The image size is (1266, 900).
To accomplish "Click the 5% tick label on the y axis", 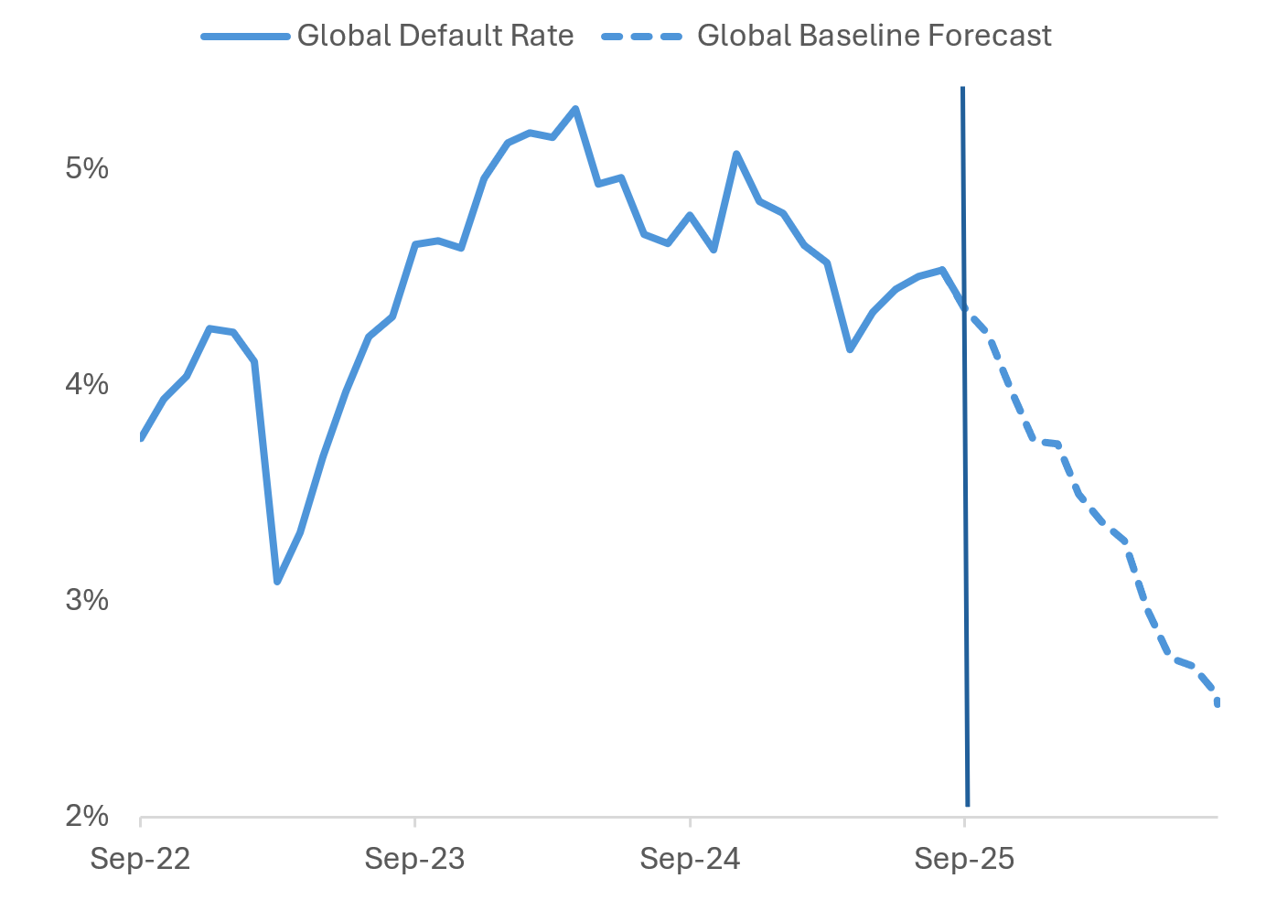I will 87,169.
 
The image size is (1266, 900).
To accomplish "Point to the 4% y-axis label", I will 87,385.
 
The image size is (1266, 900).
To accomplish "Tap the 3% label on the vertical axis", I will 87,601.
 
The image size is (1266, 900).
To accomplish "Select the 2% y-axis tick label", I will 87,816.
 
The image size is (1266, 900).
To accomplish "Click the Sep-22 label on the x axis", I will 140,860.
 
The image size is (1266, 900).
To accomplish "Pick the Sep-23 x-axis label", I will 414,860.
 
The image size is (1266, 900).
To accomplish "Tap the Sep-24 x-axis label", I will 690,860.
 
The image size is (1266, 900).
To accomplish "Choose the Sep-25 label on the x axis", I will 964,860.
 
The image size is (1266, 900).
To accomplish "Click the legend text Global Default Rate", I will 435,36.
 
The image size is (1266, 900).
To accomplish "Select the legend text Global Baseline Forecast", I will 874,36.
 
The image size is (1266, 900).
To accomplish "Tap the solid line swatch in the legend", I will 245,37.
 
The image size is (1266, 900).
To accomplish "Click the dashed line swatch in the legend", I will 642,37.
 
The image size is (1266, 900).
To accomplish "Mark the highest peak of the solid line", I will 574,109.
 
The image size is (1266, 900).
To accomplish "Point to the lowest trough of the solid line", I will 277,581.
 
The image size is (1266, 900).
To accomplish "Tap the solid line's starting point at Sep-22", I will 141,438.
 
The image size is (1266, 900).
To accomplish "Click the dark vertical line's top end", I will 962,88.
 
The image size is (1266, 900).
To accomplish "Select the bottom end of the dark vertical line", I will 967,805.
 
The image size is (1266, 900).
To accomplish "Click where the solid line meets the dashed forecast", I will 964,308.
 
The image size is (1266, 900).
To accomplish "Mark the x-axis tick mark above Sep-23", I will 414,821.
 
